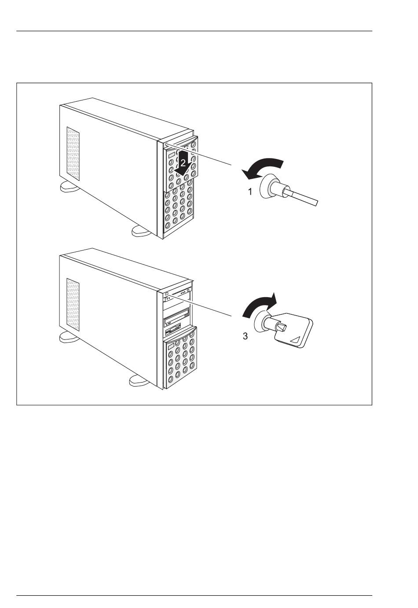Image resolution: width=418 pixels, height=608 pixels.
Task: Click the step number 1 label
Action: coord(250,192)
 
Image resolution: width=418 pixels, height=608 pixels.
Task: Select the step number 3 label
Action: coord(246,336)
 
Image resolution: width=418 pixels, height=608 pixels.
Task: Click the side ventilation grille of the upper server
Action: coord(73,154)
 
